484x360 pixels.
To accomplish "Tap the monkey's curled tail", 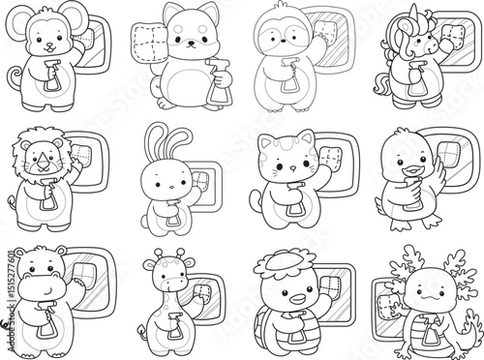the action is point(14,76).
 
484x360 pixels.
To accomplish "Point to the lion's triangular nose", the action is point(42,158).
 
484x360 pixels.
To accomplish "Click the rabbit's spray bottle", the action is point(173,216).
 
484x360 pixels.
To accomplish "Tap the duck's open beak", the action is point(413,170).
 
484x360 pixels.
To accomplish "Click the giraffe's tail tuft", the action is point(141,329).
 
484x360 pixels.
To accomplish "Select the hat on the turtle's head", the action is point(280,261).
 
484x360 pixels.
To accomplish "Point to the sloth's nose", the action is point(283,41).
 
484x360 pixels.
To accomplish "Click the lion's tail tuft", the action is point(12,201).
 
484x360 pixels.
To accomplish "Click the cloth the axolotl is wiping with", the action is point(387,307).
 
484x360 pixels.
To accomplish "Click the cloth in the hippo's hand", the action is point(85,275).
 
